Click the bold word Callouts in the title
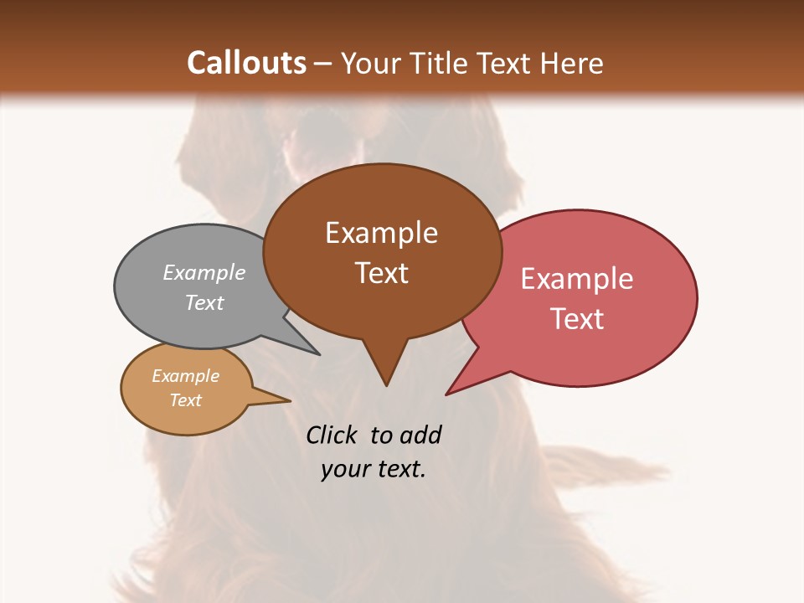pos(246,63)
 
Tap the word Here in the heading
pos(571,63)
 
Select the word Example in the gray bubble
pos(204,272)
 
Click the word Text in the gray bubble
pos(204,302)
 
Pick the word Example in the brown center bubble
pos(381,233)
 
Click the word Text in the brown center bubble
pos(381,273)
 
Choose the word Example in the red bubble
pos(577,279)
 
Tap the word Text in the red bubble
pos(577,319)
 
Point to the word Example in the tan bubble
pos(185,376)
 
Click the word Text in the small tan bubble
pos(185,400)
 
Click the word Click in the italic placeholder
pos(333,435)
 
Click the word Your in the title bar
pos(368,63)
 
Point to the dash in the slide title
pos(324,64)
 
